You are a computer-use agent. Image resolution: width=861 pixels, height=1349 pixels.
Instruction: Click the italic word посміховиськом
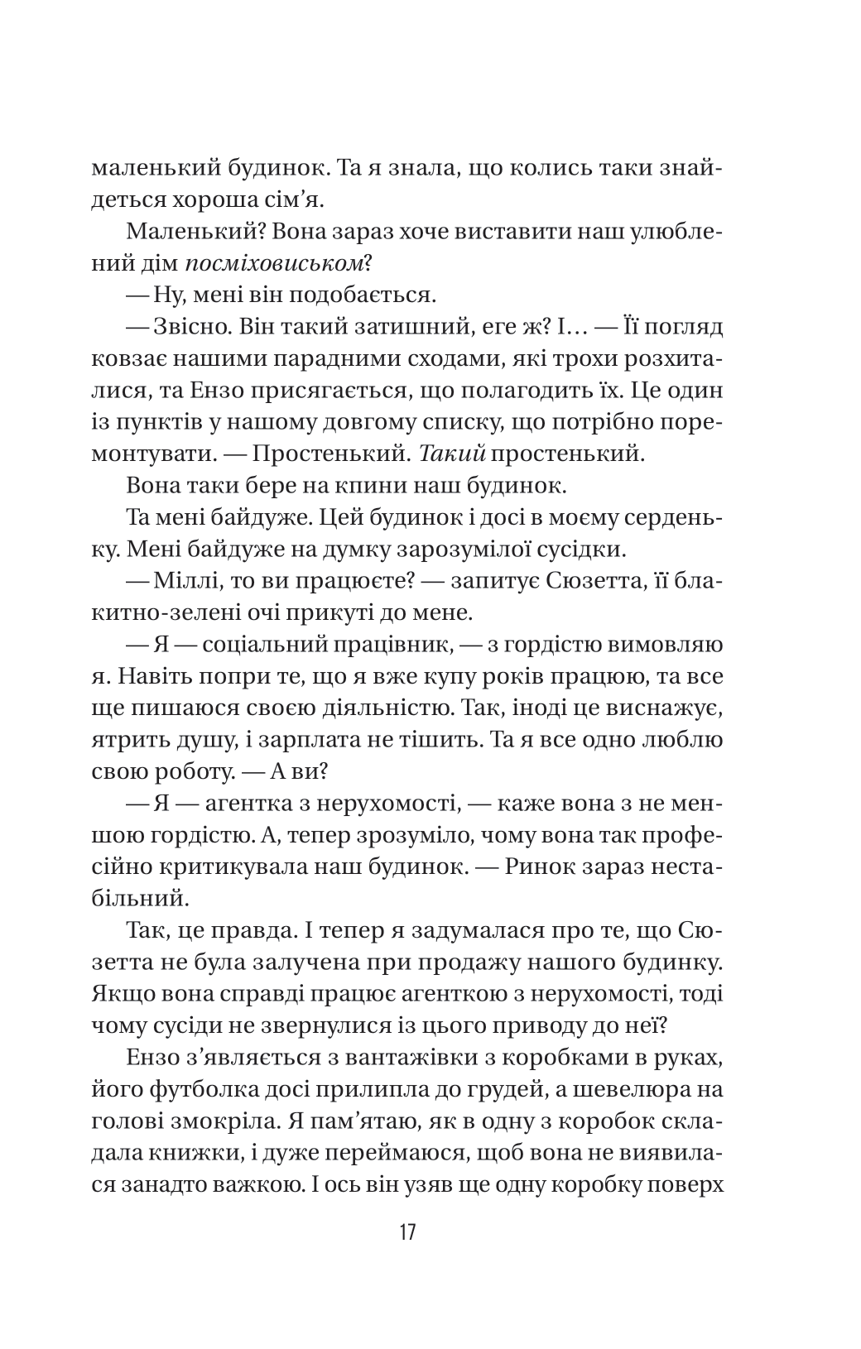[x=274, y=265]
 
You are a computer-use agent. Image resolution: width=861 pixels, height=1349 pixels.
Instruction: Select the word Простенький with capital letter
[x=325, y=453]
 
